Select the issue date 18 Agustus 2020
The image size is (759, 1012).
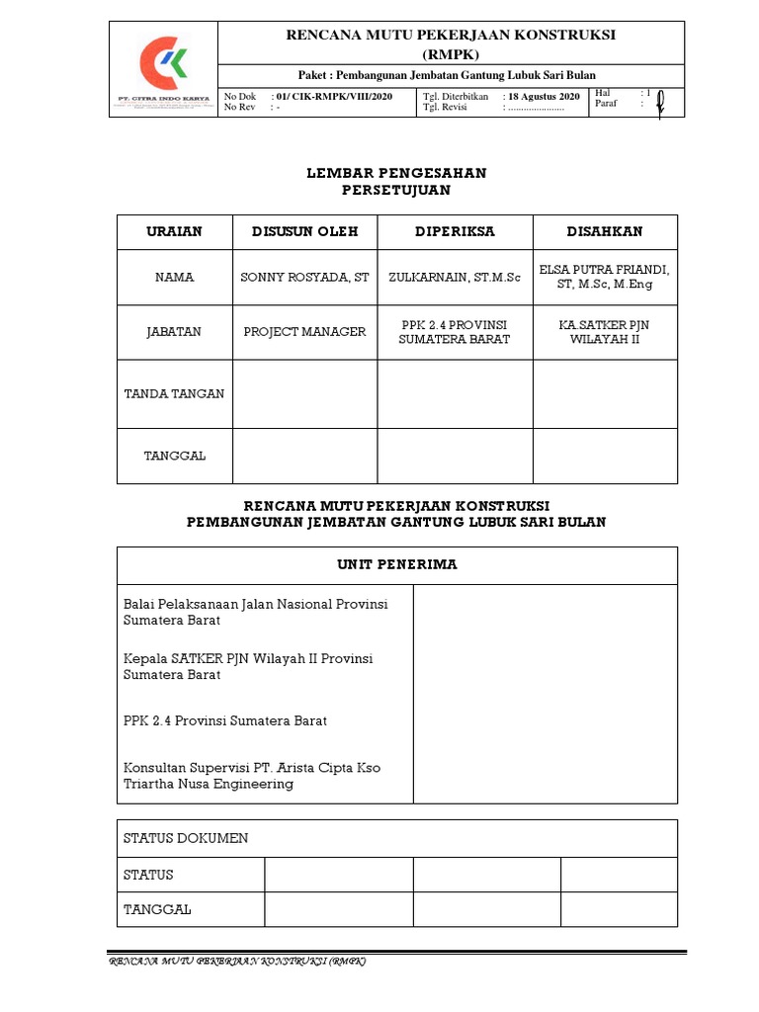click(544, 96)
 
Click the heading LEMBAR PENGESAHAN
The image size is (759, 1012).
click(396, 173)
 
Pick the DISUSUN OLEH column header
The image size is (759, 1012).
click(304, 231)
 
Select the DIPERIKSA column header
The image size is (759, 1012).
click(455, 231)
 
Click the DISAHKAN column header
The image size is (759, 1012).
click(604, 231)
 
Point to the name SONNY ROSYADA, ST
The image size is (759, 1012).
click(304, 278)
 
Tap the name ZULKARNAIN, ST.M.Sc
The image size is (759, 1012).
click(455, 278)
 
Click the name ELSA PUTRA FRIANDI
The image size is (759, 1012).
click(604, 270)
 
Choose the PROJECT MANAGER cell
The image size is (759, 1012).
click(304, 332)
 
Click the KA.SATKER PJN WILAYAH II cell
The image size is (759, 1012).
click(604, 332)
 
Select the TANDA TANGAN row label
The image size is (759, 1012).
click(174, 393)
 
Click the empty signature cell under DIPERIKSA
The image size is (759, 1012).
click(455, 393)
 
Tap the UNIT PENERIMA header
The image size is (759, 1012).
click(396, 564)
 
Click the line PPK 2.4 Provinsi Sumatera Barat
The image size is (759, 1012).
click(225, 720)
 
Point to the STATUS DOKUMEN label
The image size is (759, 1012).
click(186, 838)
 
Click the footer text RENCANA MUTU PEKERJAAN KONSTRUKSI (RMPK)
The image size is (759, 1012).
click(237, 962)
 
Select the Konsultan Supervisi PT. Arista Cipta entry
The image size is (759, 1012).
click(251, 775)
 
